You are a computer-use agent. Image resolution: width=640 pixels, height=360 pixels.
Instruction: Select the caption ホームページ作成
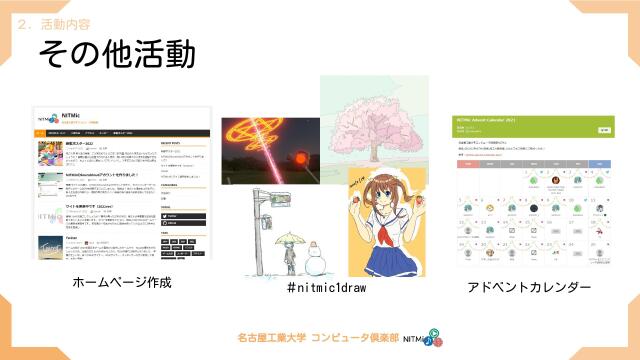pyautogui.click(x=122, y=283)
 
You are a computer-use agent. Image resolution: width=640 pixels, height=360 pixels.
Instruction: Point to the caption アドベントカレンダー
pyautogui.click(x=529, y=288)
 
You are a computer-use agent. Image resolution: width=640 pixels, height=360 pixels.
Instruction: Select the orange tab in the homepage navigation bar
pyautogui.click(x=41, y=132)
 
